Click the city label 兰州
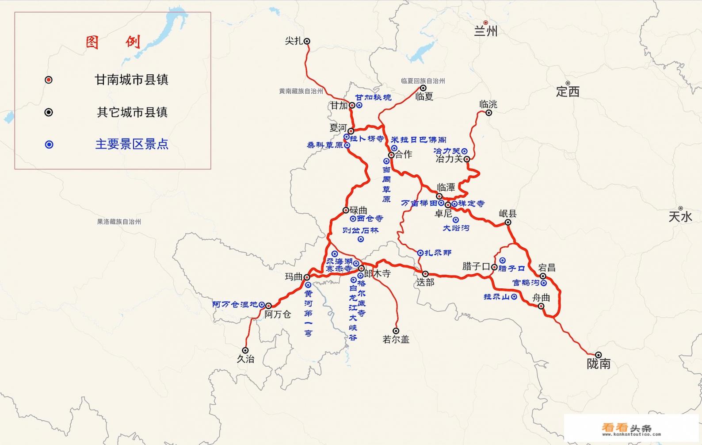click(485, 31)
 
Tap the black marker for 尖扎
click(307, 41)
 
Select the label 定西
click(567, 92)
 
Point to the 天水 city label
click(680, 217)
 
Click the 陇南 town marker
click(598, 355)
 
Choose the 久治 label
click(245, 359)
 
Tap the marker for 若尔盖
click(396, 331)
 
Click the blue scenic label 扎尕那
click(438, 253)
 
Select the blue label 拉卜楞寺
click(367, 139)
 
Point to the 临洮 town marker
click(488, 113)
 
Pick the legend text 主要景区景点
click(132, 144)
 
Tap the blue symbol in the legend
click(49, 145)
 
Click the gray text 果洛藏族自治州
click(119, 222)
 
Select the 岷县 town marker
click(508, 222)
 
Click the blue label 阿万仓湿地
click(235, 305)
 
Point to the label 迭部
click(425, 282)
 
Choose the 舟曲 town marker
click(541, 306)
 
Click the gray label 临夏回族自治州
click(423, 81)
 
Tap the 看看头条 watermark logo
click(626, 428)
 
